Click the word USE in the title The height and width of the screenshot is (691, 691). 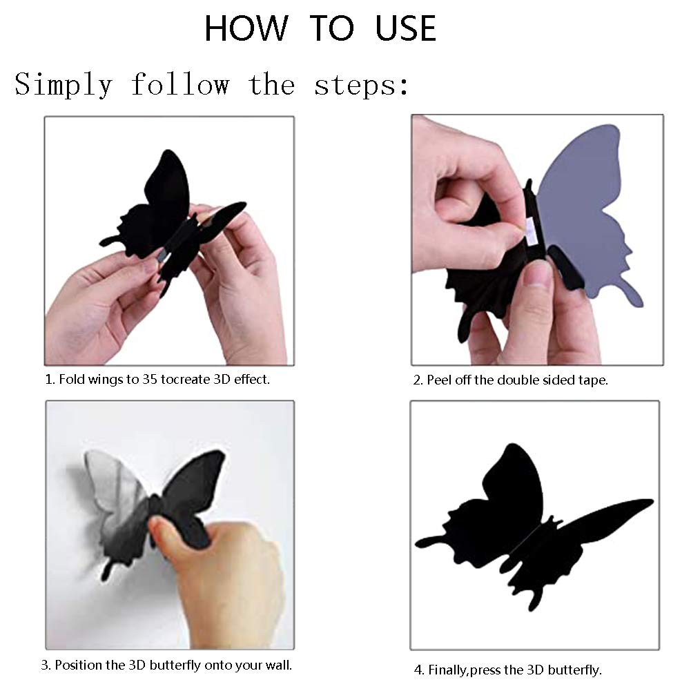[405, 28]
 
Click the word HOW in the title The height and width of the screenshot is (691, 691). [246, 28]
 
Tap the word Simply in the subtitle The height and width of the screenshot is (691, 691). [64, 85]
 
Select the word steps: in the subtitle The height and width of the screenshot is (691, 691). [361, 85]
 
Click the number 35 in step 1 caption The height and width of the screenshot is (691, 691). [149, 380]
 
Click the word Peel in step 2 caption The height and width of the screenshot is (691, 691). [439, 380]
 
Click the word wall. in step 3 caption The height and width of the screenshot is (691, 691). [278, 665]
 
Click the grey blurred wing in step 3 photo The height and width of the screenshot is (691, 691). [115, 494]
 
